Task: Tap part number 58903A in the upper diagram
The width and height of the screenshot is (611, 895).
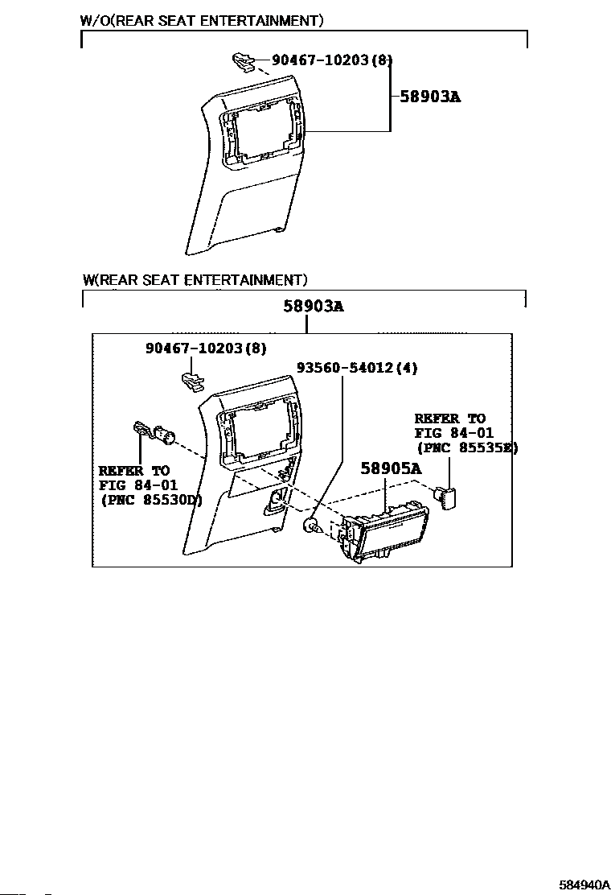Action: [430, 97]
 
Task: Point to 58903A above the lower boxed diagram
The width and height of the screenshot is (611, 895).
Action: [313, 306]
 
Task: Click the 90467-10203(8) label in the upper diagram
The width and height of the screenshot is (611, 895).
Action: [332, 60]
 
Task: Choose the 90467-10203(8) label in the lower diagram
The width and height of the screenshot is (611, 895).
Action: [206, 348]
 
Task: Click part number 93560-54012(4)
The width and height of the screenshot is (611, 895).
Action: [357, 368]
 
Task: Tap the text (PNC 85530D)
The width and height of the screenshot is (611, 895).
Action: [151, 500]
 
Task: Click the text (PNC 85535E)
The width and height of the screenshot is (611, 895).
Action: [466, 448]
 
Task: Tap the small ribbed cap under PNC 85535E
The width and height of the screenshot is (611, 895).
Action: [445, 493]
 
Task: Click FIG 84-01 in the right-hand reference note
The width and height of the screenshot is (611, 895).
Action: [453, 433]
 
